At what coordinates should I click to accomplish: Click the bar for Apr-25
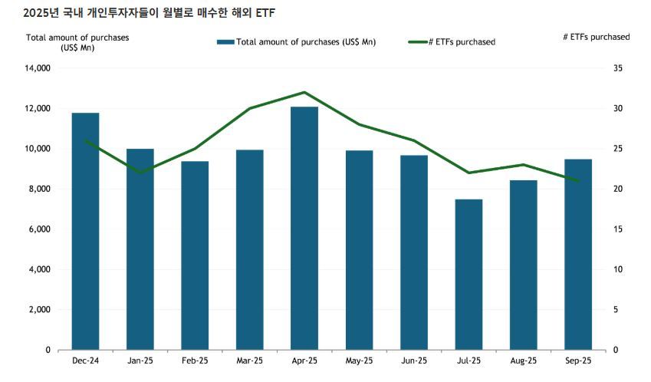click(x=304, y=228)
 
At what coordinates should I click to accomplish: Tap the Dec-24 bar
click(x=85, y=231)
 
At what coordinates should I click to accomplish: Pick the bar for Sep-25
click(x=578, y=254)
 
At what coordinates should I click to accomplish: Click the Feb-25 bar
click(x=195, y=255)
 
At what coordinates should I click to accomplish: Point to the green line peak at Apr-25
click(x=304, y=92)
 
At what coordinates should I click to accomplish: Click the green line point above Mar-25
click(x=250, y=108)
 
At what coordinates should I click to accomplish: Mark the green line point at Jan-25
click(x=140, y=173)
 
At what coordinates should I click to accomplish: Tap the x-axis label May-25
click(x=360, y=361)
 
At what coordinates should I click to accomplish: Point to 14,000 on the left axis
click(x=37, y=68)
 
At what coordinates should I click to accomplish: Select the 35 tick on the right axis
click(x=618, y=68)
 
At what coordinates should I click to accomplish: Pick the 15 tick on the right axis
click(x=618, y=229)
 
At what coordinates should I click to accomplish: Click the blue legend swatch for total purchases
click(x=225, y=41)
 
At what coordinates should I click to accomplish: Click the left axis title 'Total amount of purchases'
click(x=77, y=37)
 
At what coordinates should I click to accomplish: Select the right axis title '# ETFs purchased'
click(x=596, y=37)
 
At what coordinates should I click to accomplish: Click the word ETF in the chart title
click(x=266, y=13)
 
